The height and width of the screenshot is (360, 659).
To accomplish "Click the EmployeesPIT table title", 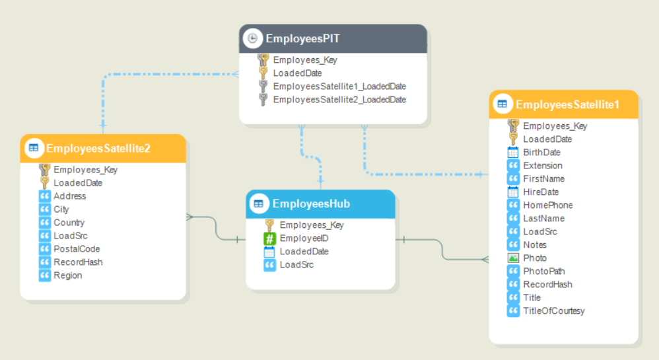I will tap(302, 38).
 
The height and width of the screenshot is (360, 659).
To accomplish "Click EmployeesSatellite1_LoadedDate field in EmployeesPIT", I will tap(339, 86).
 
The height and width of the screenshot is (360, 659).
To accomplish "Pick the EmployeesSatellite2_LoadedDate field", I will tap(339, 99).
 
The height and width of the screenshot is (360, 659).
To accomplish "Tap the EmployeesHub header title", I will tap(311, 204).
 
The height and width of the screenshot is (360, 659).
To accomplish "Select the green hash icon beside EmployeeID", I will tap(269, 238).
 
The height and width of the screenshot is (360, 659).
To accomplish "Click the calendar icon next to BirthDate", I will tap(513, 153).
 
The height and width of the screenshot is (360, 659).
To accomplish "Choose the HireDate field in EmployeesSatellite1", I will tap(540, 192).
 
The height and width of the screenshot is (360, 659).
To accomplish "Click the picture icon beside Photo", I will tap(513, 258).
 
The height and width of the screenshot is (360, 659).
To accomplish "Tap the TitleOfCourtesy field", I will tap(553, 310).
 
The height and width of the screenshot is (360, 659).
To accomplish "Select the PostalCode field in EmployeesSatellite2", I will tap(77, 249).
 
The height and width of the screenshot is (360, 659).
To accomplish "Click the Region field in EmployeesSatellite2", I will tap(67, 275).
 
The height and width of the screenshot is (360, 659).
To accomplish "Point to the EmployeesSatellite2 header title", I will tap(98, 148).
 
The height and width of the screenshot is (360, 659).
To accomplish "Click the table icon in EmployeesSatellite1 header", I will tap(502, 104).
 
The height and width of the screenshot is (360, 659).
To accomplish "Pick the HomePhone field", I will tap(547, 205).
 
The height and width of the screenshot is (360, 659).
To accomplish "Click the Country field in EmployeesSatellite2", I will tap(69, 223).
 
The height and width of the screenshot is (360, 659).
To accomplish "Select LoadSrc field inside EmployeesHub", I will tap(296, 264).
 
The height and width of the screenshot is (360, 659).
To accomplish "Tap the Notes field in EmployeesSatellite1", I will tap(534, 244).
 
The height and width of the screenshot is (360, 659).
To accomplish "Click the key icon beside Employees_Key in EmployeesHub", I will tap(269, 225).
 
